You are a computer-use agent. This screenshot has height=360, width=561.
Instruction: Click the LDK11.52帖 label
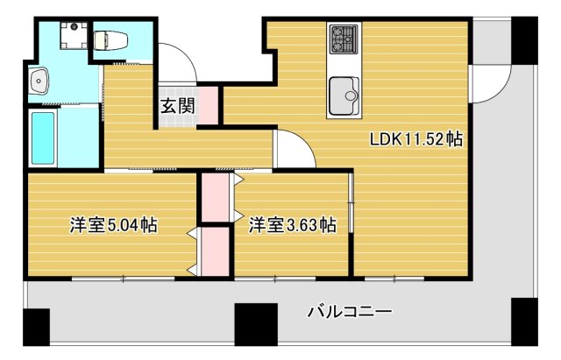(416, 138)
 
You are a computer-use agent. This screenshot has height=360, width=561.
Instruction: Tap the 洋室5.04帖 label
(114, 225)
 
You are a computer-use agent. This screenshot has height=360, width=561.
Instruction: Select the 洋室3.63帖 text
(292, 225)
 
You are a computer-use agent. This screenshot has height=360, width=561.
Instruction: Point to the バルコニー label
(349, 311)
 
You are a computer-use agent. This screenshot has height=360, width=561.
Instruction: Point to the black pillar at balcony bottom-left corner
(36, 328)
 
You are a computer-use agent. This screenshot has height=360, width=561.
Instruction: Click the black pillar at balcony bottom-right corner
(523, 323)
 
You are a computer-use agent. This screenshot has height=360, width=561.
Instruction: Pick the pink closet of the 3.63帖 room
(216, 198)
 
